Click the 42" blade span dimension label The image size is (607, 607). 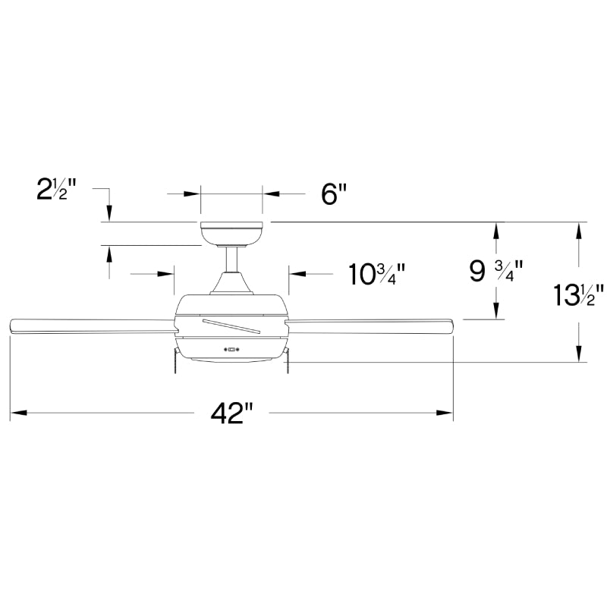click(231, 414)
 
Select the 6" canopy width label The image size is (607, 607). click(333, 194)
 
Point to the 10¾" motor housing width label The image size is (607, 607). click(376, 273)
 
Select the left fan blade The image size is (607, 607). click(91, 326)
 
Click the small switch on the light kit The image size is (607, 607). click(232, 350)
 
